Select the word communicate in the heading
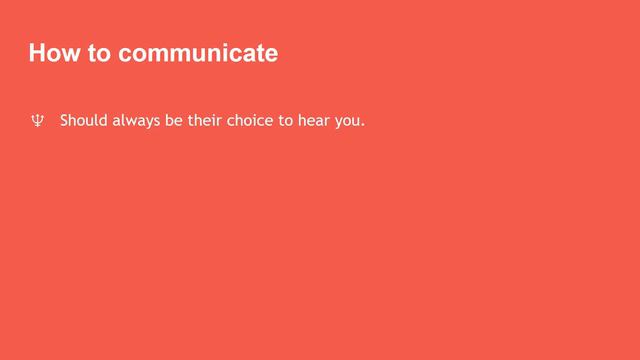coord(197,53)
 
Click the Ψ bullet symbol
coord(36,122)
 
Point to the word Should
coord(84,122)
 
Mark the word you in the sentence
coord(352,123)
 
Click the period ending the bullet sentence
coord(365,127)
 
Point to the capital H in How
coord(37,53)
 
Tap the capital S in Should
coord(64,122)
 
